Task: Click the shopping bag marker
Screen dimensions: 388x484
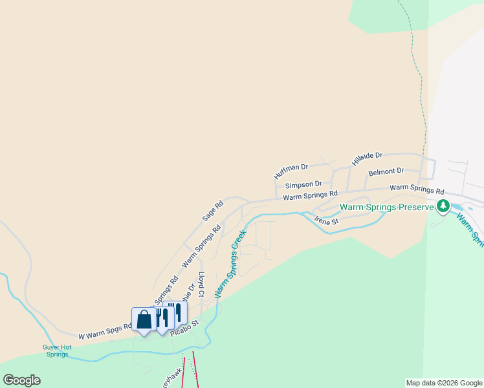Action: point(143,319)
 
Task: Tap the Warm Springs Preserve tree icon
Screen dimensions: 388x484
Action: point(443,207)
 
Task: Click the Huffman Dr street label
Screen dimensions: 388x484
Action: point(291,171)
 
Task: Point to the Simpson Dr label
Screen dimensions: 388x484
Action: point(303,184)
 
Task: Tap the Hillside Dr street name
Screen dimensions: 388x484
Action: point(368,159)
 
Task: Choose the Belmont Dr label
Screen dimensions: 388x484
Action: point(386,172)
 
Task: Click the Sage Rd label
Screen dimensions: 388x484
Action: point(212,211)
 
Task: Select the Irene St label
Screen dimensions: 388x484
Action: point(327,221)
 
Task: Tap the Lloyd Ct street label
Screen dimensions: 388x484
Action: point(201,284)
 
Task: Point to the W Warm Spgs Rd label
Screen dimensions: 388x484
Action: point(105,332)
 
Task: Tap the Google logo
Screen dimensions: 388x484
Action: point(21,380)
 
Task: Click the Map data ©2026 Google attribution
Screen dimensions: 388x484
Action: point(444,383)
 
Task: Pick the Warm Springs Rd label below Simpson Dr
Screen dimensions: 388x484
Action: point(311,195)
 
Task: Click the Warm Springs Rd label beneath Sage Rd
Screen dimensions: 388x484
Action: point(202,246)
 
